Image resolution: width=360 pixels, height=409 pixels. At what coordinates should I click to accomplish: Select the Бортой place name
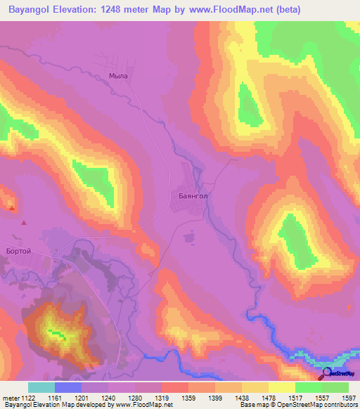coord(16,251)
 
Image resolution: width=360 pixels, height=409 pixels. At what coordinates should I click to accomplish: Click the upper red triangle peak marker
coord(12,207)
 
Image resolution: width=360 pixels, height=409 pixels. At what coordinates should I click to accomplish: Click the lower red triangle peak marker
coord(25,223)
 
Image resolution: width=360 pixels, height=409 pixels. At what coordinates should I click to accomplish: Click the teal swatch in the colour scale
coord(41,387)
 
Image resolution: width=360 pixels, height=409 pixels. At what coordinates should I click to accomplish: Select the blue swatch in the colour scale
coord(68,387)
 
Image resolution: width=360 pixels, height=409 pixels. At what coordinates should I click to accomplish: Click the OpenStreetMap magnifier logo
coord(326,374)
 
